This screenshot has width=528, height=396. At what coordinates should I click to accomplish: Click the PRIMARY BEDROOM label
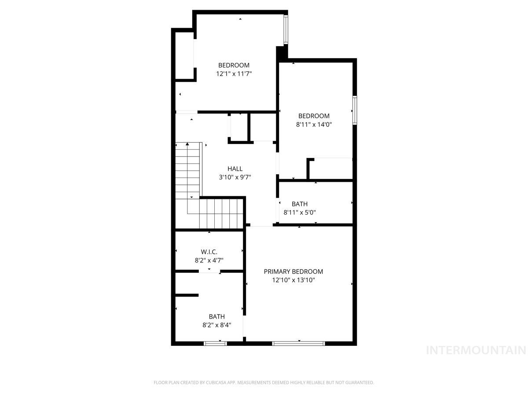pos(293,271)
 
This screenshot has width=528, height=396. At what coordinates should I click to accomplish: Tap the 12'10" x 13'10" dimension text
pos(293,280)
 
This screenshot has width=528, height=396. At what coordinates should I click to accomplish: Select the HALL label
pos(235,169)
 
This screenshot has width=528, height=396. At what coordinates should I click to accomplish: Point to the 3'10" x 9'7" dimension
pos(235,177)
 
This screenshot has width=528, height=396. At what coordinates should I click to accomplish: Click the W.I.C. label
pos(209,252)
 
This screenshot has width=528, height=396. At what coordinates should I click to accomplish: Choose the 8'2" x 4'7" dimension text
pos(209,260)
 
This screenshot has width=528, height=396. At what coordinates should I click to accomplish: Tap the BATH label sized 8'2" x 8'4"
pos(217,316)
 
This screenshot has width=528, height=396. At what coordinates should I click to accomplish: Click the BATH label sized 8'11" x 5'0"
pos(300,204)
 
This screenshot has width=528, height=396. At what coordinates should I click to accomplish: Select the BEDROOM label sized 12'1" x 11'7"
pos(234,65)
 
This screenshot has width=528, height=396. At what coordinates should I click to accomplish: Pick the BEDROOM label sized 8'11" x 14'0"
pos(314,116)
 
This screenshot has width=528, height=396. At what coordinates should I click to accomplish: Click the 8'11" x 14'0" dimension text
pos(314,125)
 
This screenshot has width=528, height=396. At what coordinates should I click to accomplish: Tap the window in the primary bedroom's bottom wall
pos(298,343)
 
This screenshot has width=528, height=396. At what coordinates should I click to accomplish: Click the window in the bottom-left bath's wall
pos(215,343)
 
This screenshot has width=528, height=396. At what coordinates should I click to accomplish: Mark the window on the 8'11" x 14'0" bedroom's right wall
pos(354,110)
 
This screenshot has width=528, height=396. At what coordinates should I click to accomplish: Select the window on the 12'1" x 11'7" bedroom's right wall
pos(286,30)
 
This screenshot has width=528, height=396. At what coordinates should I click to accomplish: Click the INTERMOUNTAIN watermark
pos(477,350)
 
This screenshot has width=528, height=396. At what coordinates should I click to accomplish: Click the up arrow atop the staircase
pos(187,144)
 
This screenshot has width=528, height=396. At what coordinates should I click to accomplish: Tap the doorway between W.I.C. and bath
pos(209,271)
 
